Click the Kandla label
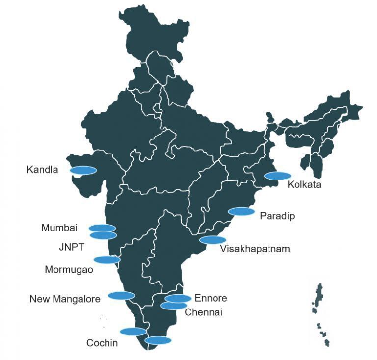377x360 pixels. click(x=42, y=170)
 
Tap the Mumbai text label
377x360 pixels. click(x=59, y=228)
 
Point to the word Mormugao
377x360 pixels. click(x=69, y=269)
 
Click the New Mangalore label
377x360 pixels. click(x=65, y=298)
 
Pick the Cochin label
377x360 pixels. click(x=102, y=343)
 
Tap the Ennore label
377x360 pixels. click(x=211, y=298)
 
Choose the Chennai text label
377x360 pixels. click(x=203, y=312)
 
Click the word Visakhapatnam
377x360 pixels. click(x=255, y=249)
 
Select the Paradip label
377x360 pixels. click(x=277, y=216)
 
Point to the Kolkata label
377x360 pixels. click(x=304, y=185)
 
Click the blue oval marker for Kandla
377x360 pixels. click(x=83, y=170)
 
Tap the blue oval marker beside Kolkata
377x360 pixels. click(x=277, y=176)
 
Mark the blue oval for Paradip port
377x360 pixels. click(x=242, y=212)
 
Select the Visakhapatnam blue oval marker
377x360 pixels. click(x=213, y=240)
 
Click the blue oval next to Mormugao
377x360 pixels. click(x=107, y=259)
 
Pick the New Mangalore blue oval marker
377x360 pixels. click(x=121, y=295)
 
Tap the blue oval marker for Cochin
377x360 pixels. click(x=133, y=331)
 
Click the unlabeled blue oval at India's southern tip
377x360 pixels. click(x=158, y=340)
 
